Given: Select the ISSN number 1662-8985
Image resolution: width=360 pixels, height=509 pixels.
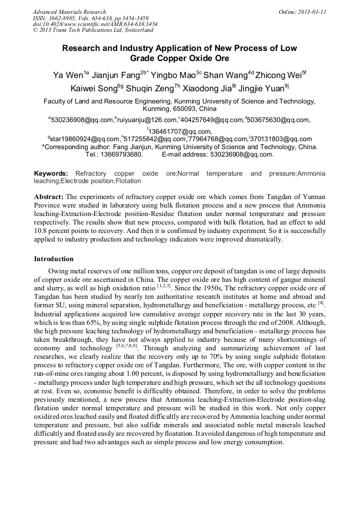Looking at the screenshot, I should [x=68, y=18].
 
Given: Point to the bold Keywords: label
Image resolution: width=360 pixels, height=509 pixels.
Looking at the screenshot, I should [x=51, y=174].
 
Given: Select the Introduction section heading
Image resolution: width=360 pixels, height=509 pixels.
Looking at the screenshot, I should [x=54, y=259].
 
